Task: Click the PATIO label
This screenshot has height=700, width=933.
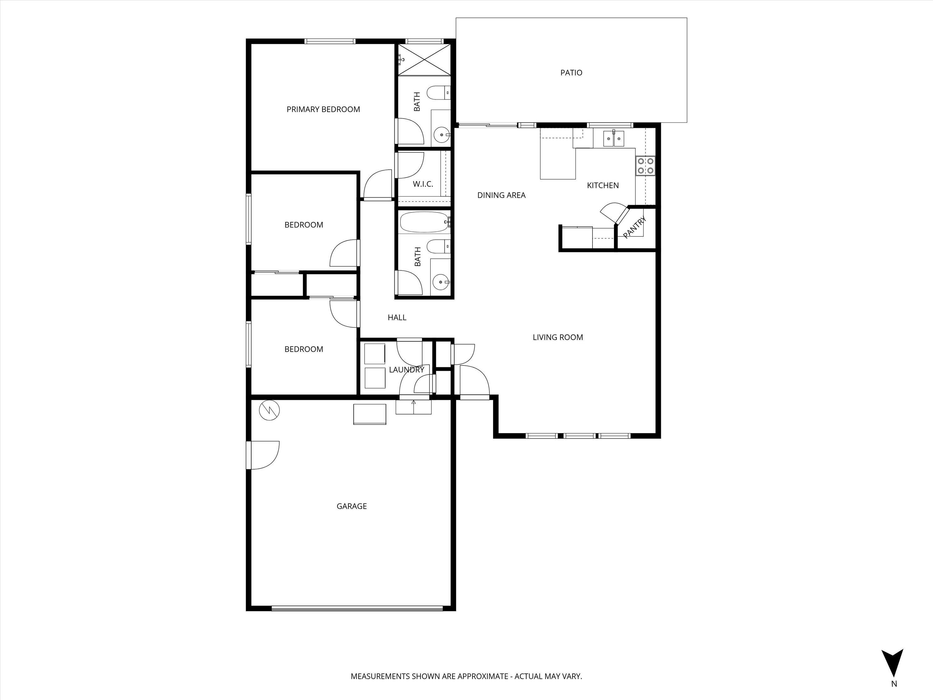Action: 571,72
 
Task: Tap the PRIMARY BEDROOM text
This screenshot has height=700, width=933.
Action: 323,109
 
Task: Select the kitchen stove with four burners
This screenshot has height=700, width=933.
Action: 645,166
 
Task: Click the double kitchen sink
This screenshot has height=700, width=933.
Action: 613,138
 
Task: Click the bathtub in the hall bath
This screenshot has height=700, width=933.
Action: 424,222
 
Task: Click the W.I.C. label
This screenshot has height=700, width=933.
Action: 423,184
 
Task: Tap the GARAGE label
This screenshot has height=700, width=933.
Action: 351,506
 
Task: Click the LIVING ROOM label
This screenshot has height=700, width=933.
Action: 558,337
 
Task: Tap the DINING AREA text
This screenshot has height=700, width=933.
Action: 501,195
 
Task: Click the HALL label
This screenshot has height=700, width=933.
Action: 397,317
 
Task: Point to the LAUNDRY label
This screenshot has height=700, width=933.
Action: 406,370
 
